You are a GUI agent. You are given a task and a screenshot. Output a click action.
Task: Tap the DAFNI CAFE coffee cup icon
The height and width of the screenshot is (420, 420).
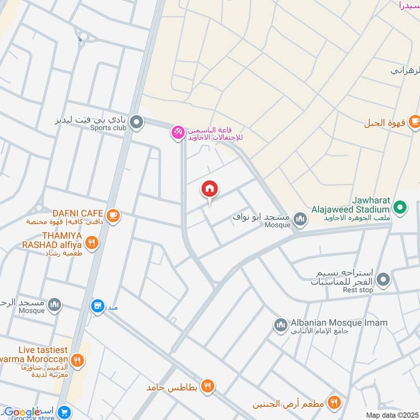113,215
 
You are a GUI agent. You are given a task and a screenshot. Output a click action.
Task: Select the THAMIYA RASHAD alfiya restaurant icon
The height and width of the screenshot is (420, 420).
92,243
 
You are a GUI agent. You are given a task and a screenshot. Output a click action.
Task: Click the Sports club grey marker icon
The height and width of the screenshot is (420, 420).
136,123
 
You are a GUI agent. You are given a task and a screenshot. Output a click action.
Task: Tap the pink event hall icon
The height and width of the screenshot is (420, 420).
177,133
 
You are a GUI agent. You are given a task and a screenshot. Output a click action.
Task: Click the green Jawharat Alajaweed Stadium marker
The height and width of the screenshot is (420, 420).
400,208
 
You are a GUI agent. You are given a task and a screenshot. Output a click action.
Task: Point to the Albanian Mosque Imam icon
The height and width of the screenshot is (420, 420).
280,326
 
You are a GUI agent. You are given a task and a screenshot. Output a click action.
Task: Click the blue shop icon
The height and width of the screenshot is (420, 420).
97,306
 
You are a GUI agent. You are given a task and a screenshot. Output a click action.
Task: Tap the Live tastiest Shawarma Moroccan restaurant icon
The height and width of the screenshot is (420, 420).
78,360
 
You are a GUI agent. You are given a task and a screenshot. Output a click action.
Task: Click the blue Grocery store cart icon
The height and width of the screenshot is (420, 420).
65,413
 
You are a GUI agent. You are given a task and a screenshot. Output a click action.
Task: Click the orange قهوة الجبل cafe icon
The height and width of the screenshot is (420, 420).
414,121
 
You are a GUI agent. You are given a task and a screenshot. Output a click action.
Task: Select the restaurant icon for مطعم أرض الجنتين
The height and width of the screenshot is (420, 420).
333,403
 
